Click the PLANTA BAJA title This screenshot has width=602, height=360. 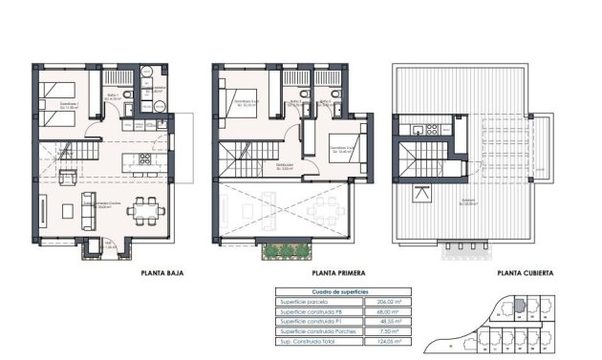[161, 273]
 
